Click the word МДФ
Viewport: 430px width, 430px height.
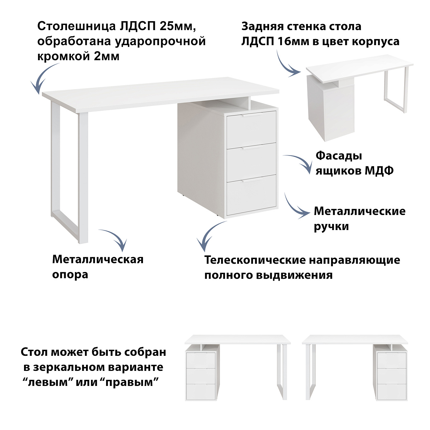[379, 171]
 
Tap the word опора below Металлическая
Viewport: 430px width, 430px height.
[70, 275]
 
